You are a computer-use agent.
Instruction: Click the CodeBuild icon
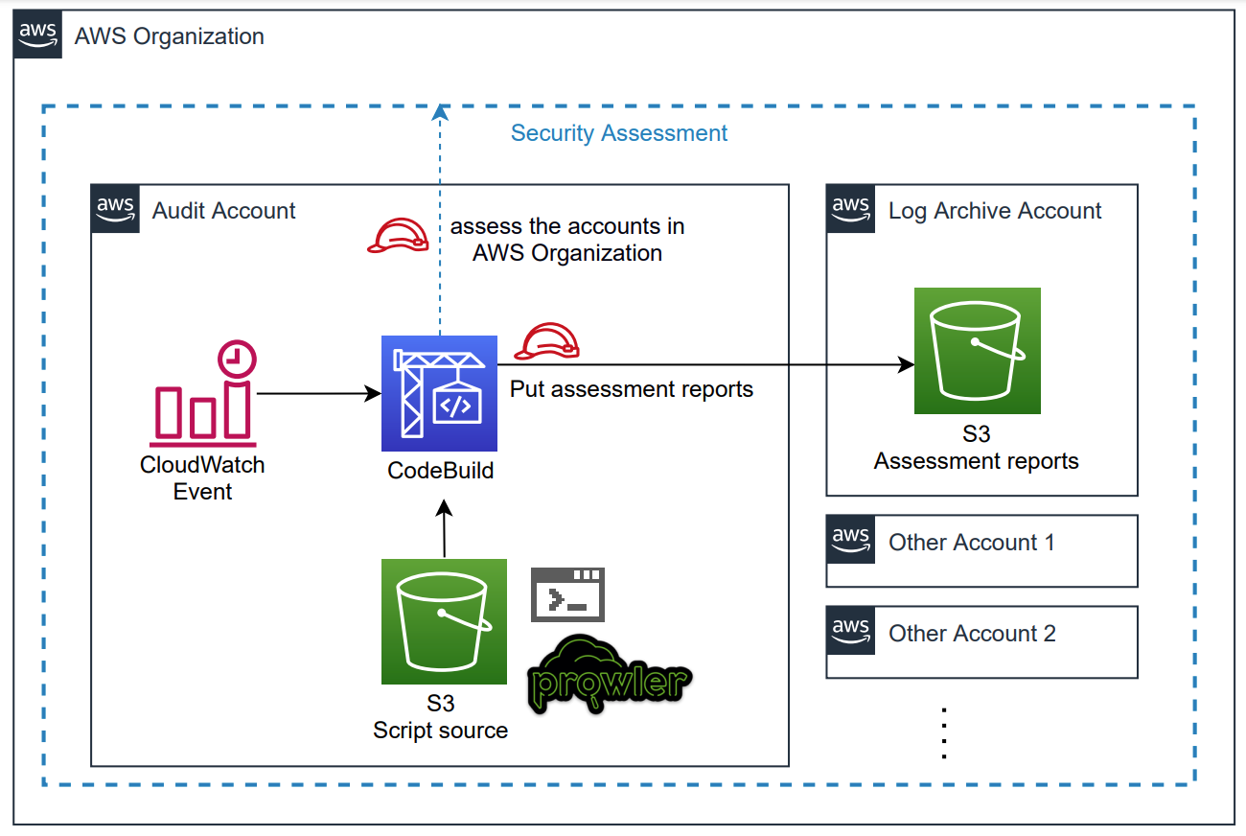[x=439, y=393]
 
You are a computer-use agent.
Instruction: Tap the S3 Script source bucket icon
[x=444, y=621]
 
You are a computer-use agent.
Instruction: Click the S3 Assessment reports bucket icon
[x=977, y=350]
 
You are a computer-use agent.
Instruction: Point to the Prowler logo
[x=610, y=675]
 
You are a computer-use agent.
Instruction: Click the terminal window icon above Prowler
[x=568, y=594]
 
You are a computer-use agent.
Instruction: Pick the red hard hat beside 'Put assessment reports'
[x=547, y=341]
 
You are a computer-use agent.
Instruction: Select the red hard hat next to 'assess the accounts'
[x=398, y=236]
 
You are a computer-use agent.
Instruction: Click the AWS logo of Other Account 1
[x=850, y=540]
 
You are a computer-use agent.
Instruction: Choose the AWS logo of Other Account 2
[x=850, y=631]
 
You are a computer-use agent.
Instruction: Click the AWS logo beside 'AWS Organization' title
[x=38, y=35]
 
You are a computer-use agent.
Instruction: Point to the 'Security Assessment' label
[x=619, y=133]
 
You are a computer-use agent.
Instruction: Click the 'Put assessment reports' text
[x=632, y=389]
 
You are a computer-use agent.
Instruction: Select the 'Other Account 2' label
[x=972, y=634]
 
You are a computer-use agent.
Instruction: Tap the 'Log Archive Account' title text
[x=995, y=211]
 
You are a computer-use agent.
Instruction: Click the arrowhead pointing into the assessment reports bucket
[x=905, y=364]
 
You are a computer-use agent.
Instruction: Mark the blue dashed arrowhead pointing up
[x=440, y=113]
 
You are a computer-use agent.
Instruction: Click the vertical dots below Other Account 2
[x=944, y=733]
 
